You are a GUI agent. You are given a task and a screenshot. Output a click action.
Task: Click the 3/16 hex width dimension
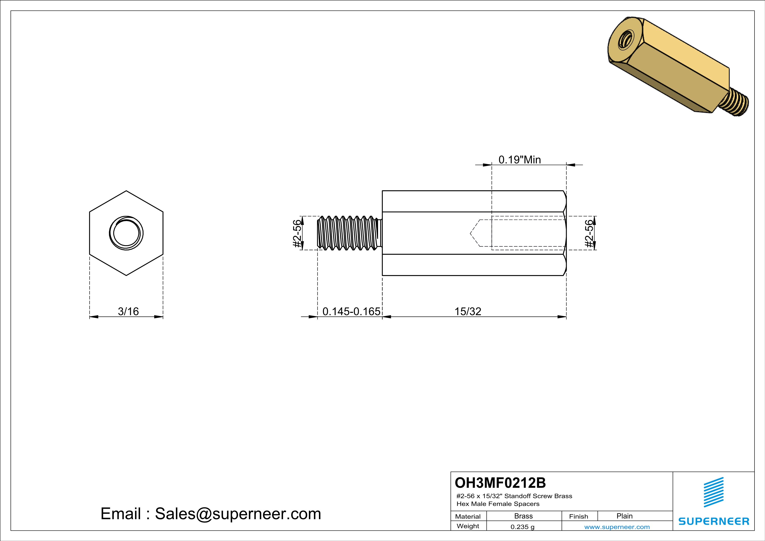point(128,312)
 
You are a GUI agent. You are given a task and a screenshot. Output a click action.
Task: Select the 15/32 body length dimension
point(468,312)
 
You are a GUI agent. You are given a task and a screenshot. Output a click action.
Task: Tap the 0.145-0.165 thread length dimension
point(351,312)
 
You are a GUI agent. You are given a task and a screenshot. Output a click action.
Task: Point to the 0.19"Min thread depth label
point(519,160)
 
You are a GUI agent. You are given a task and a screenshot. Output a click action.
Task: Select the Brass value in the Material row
point(524,516)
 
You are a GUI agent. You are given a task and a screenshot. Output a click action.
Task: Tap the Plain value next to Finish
point(624,516)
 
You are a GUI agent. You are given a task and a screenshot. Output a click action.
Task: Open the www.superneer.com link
point(617,527)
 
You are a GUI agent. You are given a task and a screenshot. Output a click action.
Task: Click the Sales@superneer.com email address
point(238,514)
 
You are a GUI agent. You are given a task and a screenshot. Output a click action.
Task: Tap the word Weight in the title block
point(468,526)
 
